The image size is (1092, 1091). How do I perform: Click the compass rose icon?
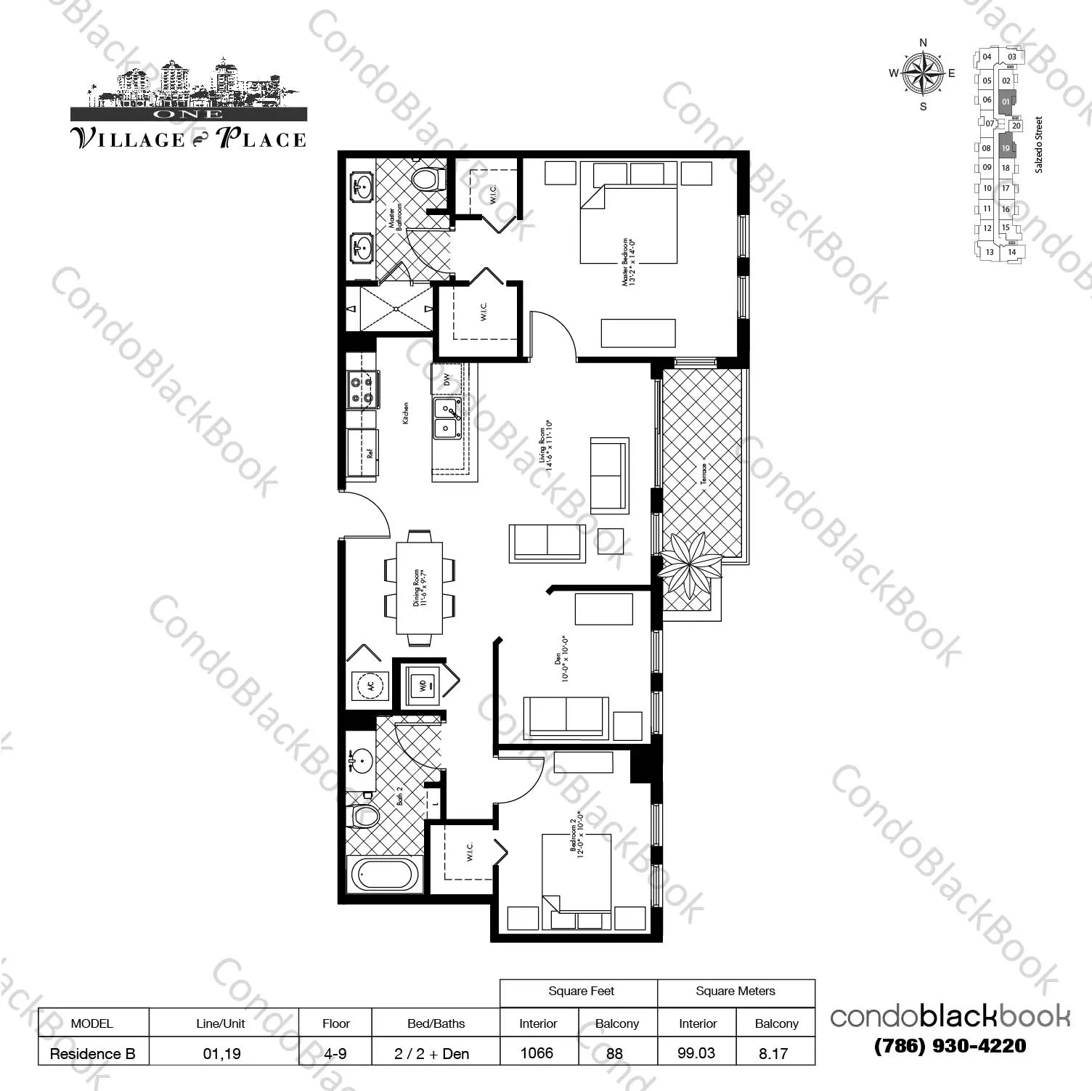tap(923, 74)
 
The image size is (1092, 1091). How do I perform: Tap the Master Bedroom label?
tap(629, 261)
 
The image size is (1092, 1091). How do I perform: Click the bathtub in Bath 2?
tap(386, 875)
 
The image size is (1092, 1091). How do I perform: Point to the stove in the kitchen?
tap(362, 388)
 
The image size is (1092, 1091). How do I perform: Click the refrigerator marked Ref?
tap(362, 453)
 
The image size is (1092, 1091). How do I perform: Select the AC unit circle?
tap(370, 685)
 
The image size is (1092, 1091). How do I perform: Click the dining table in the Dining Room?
tap(419, 588)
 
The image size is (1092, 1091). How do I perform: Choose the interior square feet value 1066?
tap(537, 1053)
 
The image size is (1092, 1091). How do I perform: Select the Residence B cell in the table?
tap(93, 1053)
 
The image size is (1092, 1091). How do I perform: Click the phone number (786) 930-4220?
tap(950, 1046)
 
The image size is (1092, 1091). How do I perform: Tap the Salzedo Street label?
tap(1039, 145)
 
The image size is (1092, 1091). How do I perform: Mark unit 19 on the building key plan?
tap(1006, 148)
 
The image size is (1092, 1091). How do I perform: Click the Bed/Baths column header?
tap(436, 1023)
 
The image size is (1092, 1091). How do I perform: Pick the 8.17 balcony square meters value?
tap(773, 1053)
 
